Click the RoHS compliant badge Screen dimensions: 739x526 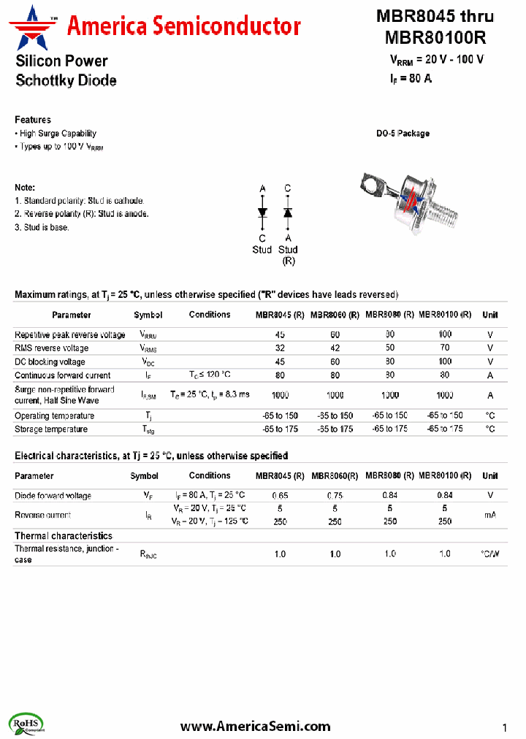click(27, 724)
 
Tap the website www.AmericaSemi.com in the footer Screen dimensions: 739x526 click(255, 726)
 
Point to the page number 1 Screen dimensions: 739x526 click(505, 727)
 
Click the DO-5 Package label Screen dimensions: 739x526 click(403, 134)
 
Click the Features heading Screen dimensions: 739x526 click(33, 120)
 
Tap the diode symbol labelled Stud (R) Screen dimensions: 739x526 click(288, 212)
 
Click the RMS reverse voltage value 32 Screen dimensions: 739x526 click(280, 348)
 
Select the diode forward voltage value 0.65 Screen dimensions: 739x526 click(280, 495)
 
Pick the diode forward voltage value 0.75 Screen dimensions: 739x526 click(335, 495)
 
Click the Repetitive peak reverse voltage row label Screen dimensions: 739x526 click(70, 334)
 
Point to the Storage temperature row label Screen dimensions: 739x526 click(51, 429)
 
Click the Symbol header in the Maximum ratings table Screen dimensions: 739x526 click(148, 315)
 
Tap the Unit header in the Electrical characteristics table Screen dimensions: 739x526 click(490, 476)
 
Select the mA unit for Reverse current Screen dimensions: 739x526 click(490, 515)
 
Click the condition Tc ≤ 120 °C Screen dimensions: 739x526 click(210, 375)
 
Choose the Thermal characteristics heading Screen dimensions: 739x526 click(64, 536)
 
